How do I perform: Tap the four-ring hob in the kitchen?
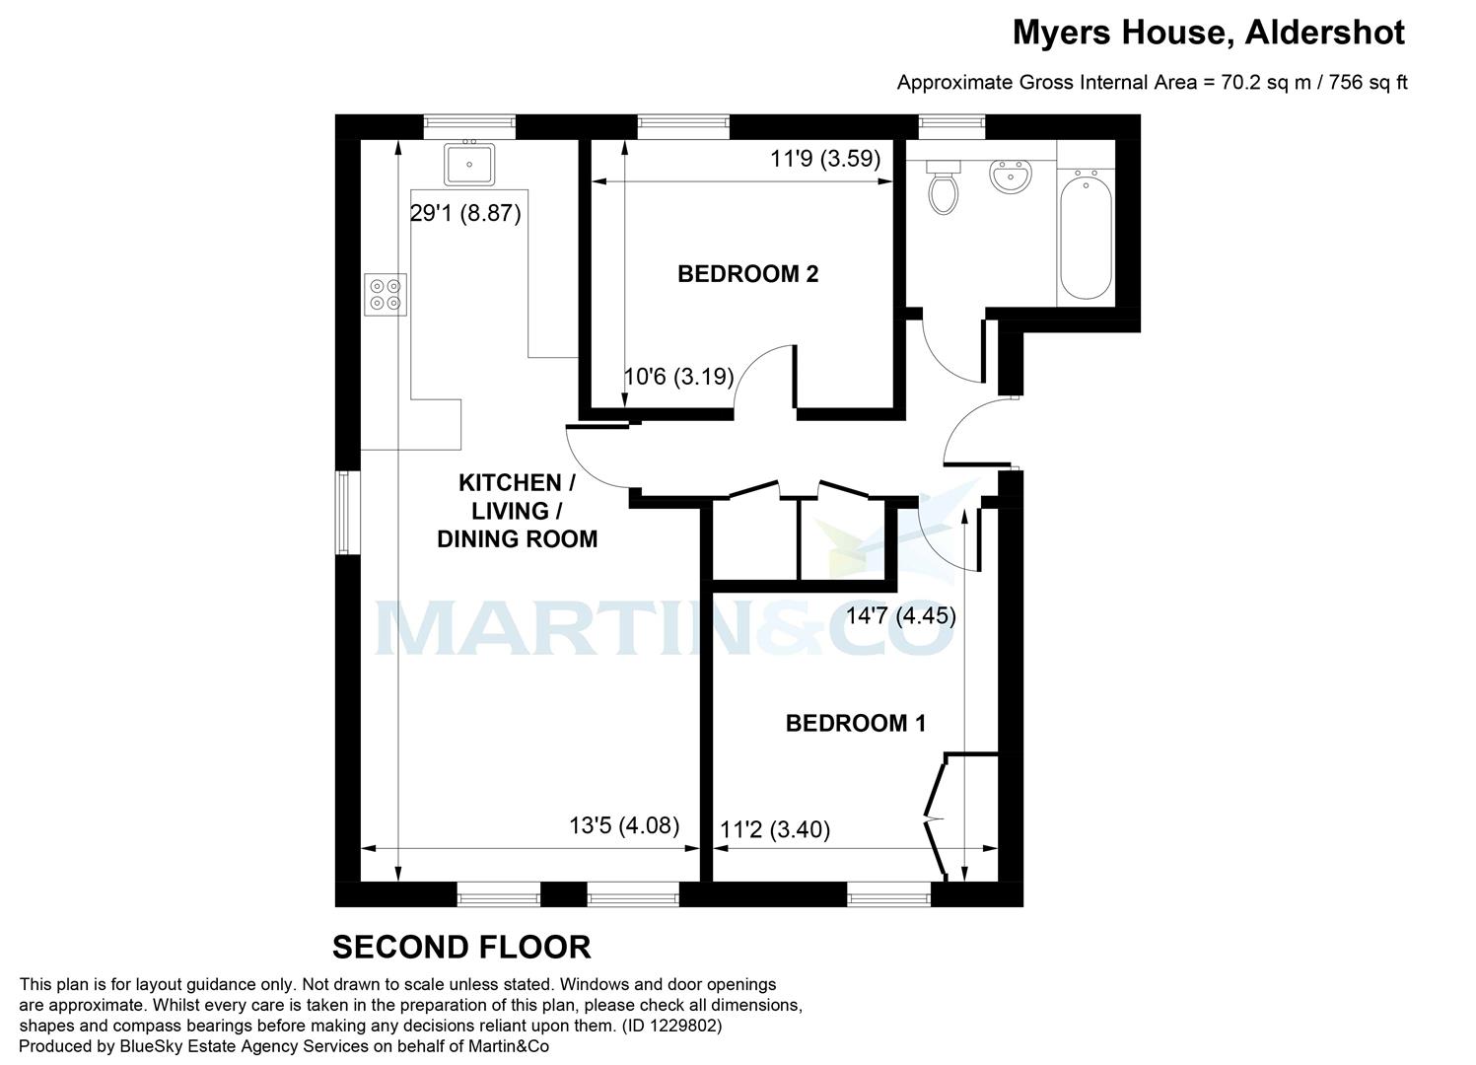pyautogui.click(x=386, y=294)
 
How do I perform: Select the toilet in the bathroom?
pyautogui.click(x=944, y=188)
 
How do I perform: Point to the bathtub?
pyautogui.click(x=1086, y=236)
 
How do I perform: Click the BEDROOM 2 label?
pyautogui.click(x=747, y=274)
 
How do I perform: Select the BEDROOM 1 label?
pyautogui.click(x=855, y=724)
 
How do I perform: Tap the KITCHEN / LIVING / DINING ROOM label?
pyautogui.click(x=517, y=511)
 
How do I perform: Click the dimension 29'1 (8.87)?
pyautogui.click(x=464, y=213)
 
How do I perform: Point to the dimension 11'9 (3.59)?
pyautogui.click(x=825, y=159)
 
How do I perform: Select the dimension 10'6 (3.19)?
pyautogui.click(x=678, y=377)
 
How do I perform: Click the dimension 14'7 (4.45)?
pyautogui.click(x=901, y=616)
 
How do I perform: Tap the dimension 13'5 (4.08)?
pyautogui.click(x=624, y=825)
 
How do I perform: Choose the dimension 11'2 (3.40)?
pyautogui.click(x=775, y=830)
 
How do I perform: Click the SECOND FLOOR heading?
pyautogui.click(x=461, y=948)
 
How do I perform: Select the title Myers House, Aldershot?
pyautogui.click(x=1208, y=33)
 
